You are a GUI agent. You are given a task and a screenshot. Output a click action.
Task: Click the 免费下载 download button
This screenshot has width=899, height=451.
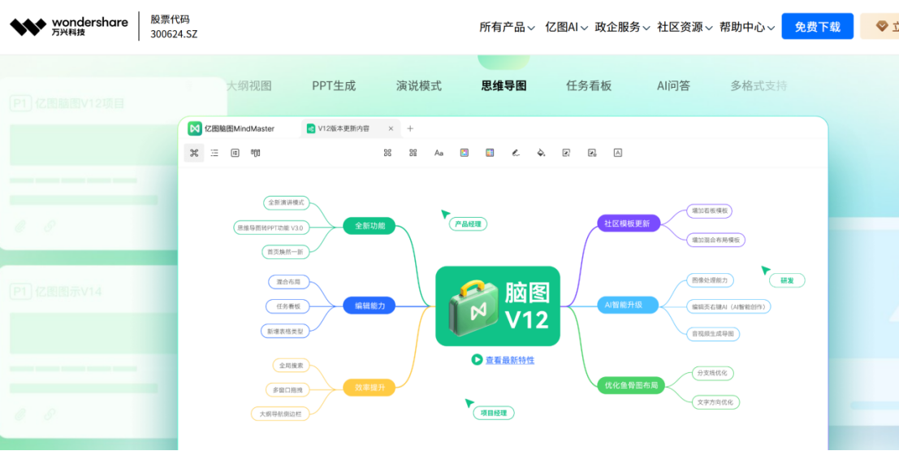[817, 27]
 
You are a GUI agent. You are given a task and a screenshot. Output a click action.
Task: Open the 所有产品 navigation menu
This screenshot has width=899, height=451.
[507, 27]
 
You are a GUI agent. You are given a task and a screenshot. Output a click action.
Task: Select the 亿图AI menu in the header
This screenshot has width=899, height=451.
[566, 27]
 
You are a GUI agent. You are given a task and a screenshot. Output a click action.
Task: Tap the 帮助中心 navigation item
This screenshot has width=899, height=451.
[746, 27]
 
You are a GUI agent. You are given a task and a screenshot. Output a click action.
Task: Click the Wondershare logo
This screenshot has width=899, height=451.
[69, 27]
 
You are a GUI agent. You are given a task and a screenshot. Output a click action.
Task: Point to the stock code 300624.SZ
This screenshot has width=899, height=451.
[174, 34]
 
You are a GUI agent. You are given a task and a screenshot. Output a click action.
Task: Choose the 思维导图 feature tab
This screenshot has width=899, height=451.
[504, 85]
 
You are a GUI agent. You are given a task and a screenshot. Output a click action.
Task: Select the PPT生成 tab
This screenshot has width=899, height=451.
[334, 85]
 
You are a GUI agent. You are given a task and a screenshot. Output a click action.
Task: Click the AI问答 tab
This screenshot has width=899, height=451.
[673, 85]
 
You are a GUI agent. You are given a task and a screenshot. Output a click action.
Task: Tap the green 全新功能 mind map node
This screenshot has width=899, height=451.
[370, 226]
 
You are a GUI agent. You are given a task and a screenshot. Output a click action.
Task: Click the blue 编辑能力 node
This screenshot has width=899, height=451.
[370, 306]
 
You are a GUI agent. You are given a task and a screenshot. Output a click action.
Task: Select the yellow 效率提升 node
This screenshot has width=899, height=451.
[370, 388]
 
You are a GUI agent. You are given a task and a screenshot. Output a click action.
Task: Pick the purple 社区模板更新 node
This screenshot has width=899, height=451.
[627, 223]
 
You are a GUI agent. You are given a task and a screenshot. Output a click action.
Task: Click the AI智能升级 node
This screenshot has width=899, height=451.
[624, 305]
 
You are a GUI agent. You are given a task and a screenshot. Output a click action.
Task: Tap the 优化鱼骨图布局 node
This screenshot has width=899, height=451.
[631, 385]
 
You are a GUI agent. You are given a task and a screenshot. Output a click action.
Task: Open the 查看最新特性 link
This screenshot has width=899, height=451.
[510, 360]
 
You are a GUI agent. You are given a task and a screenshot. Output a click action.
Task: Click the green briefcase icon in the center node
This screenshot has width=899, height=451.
[473, 306]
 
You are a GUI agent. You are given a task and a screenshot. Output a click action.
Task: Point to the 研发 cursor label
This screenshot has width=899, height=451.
[787, 280]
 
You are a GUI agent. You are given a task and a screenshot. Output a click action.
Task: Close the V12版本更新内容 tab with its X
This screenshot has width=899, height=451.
[391, 128]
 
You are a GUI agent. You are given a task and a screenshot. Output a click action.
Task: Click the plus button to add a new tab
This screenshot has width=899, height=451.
[410, 128]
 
